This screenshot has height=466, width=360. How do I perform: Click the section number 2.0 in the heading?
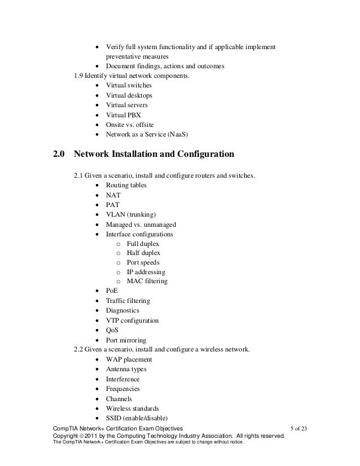[59, 154]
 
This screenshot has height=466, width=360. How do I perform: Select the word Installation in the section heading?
[135, 154]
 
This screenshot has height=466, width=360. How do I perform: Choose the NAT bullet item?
[113, 195]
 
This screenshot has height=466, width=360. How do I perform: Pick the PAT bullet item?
[113, 204]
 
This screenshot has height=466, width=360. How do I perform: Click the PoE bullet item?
[112, 291]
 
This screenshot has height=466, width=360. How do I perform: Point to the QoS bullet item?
[112, 330]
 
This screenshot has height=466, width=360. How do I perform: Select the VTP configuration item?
[132, 320]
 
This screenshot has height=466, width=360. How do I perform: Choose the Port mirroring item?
[126, 340]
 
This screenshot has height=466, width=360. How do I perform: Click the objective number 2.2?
[80, 349]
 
